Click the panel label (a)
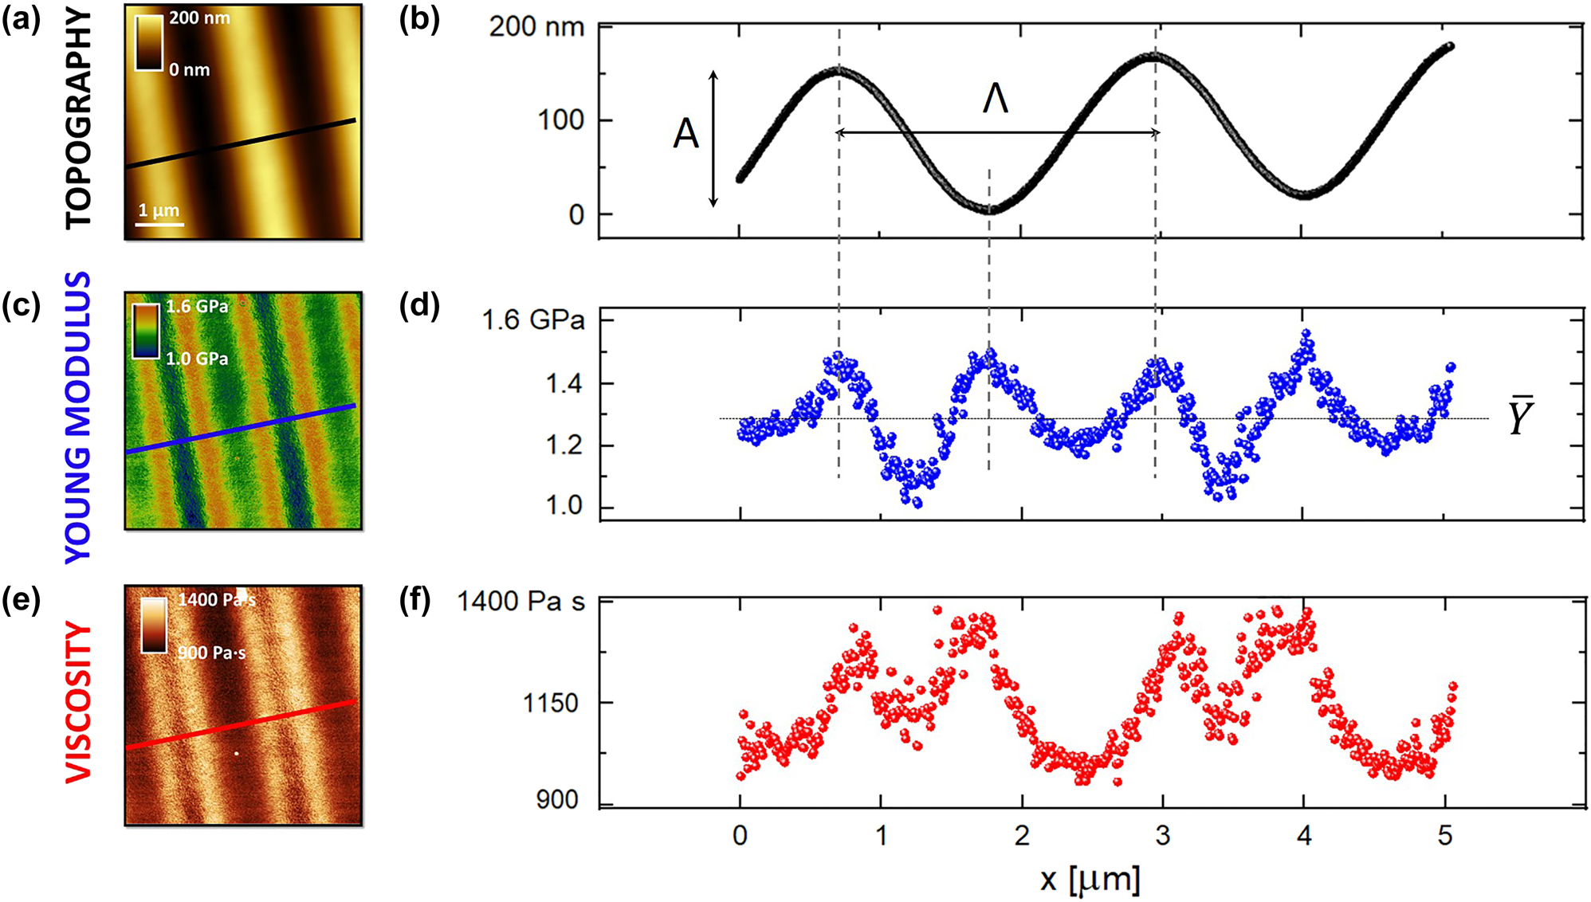click(21, 21)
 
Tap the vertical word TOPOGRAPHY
click(78, 118)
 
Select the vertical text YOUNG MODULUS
click(78, 418)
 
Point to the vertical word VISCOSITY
click(78, 702)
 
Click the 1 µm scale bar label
click(159, 210)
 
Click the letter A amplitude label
click(686, 134)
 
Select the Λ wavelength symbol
click(996, 100)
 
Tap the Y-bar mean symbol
click(1520, 416)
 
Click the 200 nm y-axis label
click(536, 27)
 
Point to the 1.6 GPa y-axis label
click(533, 320)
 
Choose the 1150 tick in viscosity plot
click(550, 703)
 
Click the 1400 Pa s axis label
click(521, 601)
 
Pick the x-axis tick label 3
click(1162, 835)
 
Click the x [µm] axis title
click(1090, 879)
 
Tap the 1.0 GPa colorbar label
click(197, 359)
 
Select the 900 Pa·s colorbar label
click(211, 653)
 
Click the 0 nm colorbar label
click(190, 70)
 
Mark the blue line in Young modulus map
click(239, 429)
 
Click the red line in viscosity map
click(239, 726)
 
